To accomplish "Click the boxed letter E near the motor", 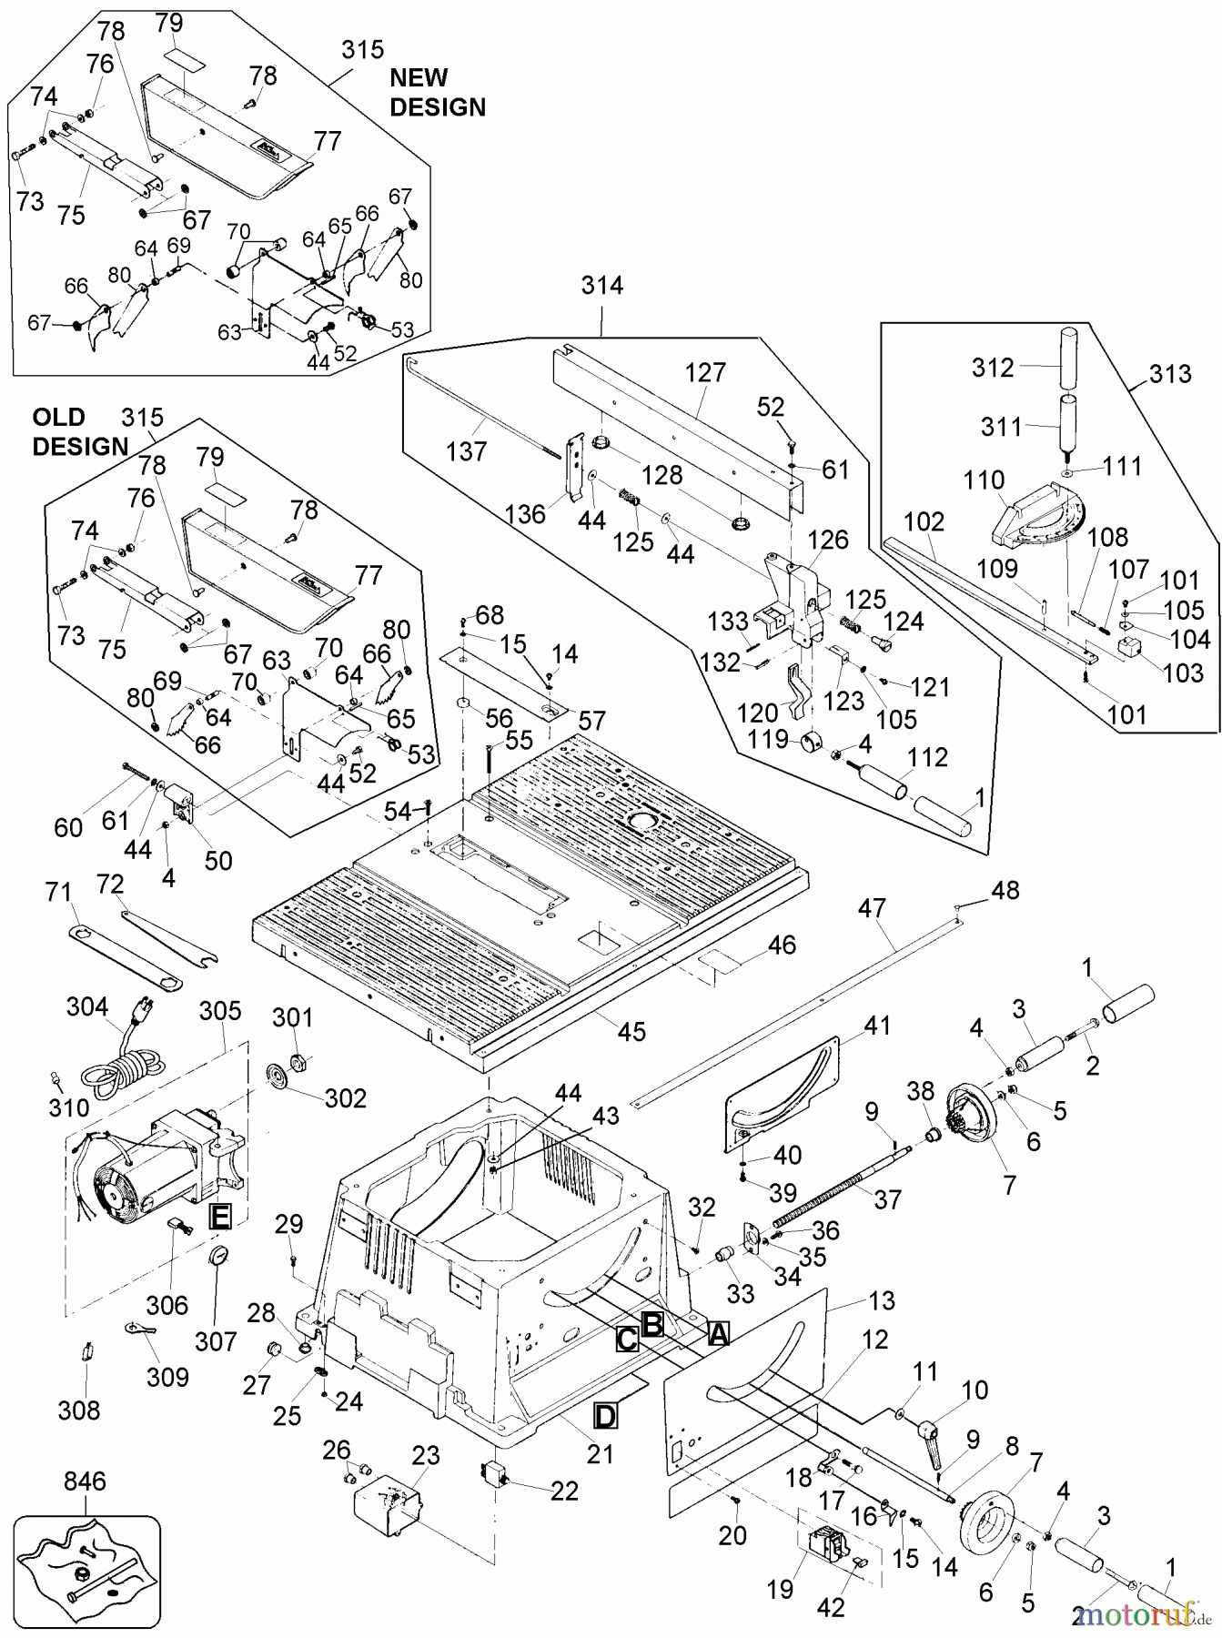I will coord(219,1217).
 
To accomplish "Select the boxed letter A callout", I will coord(718,1334).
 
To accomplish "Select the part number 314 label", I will coord(602,286).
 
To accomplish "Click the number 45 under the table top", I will coord(631,1031).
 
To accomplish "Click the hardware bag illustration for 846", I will coord(86,1564).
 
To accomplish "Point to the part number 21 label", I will coord(600,1454).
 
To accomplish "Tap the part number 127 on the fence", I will coord(705,372).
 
